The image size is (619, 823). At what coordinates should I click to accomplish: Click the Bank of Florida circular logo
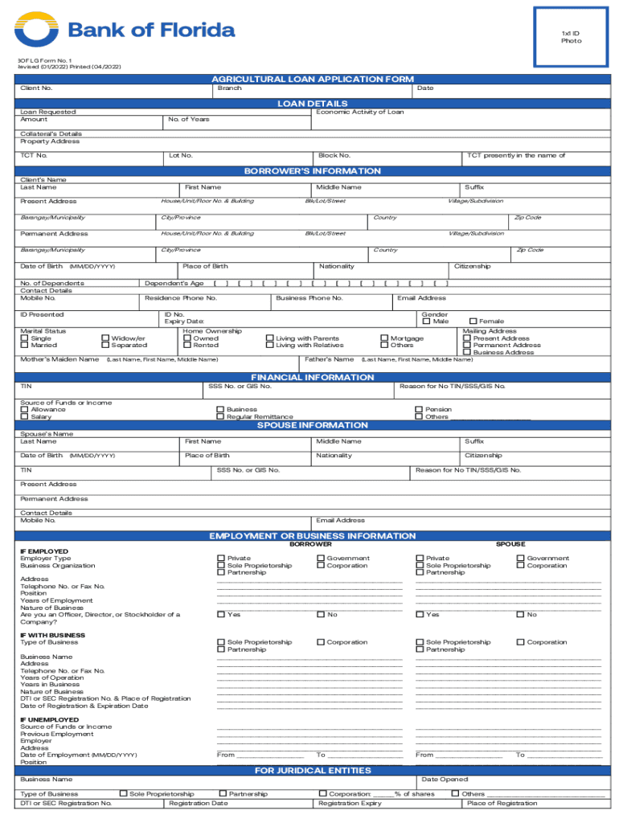pyautogui.click(x=36, y=31)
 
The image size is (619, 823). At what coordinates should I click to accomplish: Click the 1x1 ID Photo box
pyautogui.click(x=571, y=36)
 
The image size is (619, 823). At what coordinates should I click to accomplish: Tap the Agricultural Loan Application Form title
pyautogui.click(x=313, y=79)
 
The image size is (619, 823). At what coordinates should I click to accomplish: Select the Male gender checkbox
pyautogui.click(x=426, y=321)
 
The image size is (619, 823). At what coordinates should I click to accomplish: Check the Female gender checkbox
pyautogui.click(x=473, y=321)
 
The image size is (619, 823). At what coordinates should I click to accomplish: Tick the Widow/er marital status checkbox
pyautogui.click(x=105, y=338)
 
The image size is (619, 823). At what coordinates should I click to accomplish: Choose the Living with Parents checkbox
pyautogui.click(x=269, y=338)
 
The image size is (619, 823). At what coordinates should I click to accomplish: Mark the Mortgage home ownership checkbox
pyautogui.click(x=384, y=338)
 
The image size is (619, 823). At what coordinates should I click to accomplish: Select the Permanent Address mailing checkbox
pyautogui.click(x=467, y=346)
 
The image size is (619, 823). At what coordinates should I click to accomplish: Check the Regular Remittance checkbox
pyautogui.click(x=220, y=417)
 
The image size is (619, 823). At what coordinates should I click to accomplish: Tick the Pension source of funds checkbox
pyautogui.click(x=419, y=409)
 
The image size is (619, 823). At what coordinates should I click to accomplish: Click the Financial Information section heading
pyautogui.click(x=313, y=377)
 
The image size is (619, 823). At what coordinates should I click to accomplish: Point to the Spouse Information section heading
pyautogui.click(x=313, y=425)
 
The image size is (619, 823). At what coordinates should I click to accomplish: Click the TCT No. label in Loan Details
pyautogui.click(x=34, y=155)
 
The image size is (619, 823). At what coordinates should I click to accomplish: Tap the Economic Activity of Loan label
pyautogui.click(x=359, y=112)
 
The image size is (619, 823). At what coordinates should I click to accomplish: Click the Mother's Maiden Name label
pyautogui.click(x=59, y=359)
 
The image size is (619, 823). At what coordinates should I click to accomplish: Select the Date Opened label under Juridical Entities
pyautogui.click(x=444, y=780)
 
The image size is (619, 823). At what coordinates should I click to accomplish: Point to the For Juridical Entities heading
pyautogui.click(x=313, y=771)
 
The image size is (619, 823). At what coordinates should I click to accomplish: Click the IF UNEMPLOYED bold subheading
pyautogui.click(x=50, y=719)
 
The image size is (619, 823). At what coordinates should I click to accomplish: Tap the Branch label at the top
pyautogui.click(x=229, y=88)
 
